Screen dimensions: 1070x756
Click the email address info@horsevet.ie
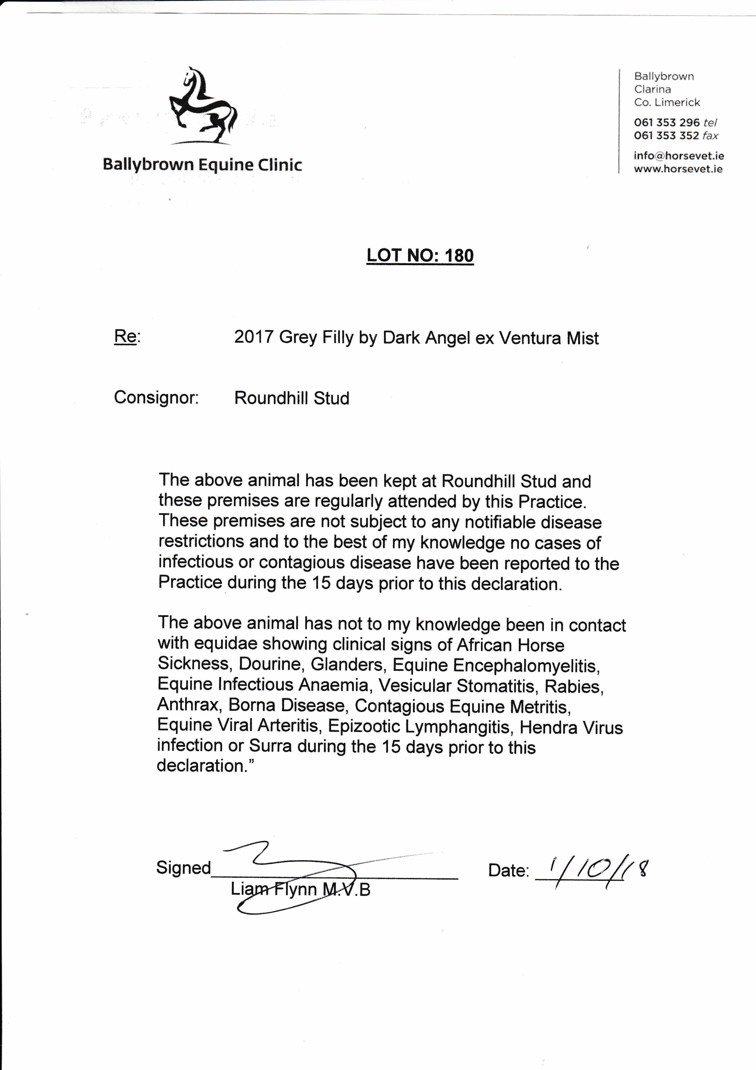tap(678, 156)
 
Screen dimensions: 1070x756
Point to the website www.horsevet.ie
tap(678, 169)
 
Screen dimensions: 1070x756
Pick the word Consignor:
tap(156, 398)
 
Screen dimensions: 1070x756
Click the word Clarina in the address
tap(652, 89)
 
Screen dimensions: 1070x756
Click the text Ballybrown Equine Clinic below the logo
tap(202, 165)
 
